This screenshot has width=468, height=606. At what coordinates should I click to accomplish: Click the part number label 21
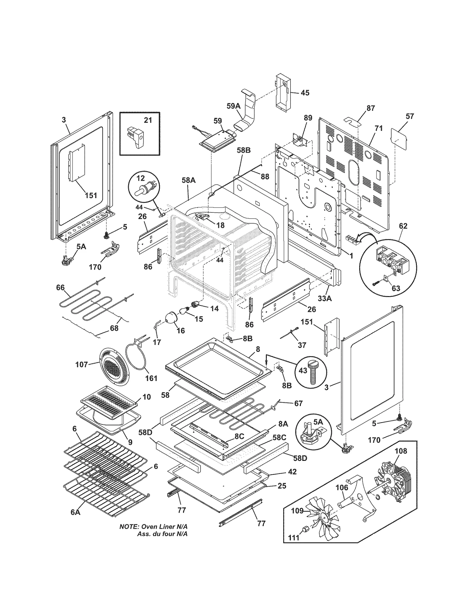[148, 120]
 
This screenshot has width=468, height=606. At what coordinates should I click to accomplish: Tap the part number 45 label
[305, 93]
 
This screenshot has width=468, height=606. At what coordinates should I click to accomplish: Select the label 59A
[233, 106]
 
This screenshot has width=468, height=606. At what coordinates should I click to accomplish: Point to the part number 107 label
[82, 364]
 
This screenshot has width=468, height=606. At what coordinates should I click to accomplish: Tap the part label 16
[181, 330]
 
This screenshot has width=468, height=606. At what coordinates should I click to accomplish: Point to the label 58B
[244, 150]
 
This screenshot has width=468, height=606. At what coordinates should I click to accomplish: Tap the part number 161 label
[151, 378]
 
